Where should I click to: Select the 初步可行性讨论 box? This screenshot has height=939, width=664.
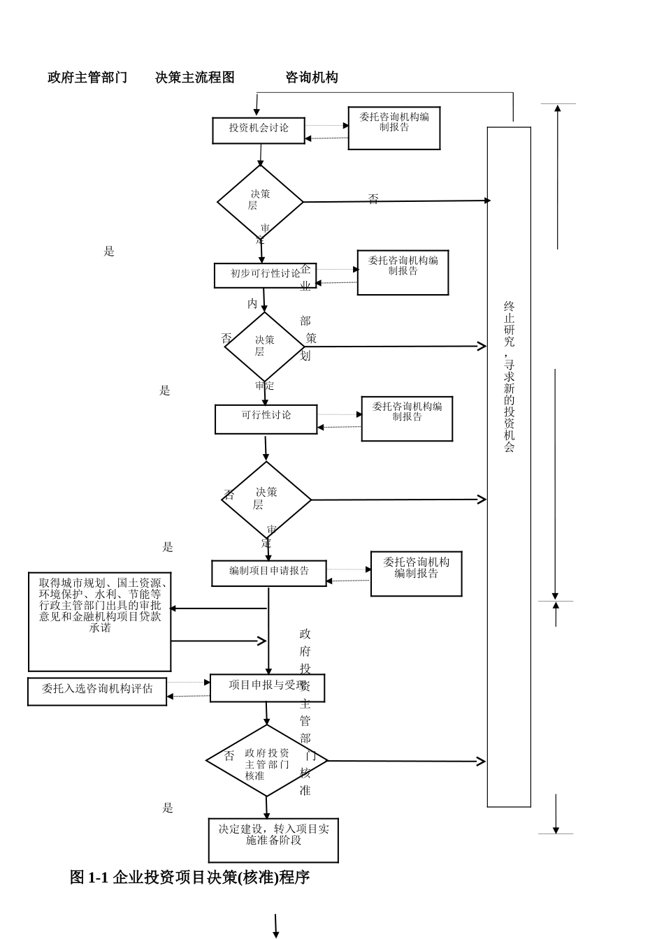(x=265, y=275)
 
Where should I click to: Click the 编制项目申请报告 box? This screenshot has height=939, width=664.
(x=269, y=573)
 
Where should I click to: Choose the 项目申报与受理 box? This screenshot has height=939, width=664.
(x=267, y=687)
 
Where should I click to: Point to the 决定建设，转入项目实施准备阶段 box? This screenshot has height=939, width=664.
(x=273, y=840)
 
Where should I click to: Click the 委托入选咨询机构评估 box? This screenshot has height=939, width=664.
(x=97, y=691)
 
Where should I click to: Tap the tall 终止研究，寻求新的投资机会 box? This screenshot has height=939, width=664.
(x=509, y=467)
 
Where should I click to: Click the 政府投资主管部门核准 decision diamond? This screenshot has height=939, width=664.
(x=267, y=761)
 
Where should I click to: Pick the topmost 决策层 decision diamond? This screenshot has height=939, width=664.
(x=261, y=202)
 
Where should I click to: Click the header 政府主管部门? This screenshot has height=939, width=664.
(x=87, y=78)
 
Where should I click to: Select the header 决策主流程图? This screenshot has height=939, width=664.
(x=195, y=78)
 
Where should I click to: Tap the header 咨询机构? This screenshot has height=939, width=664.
(x=312, y=78)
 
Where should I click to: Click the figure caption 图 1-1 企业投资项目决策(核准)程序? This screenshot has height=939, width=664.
(x=189, y=878)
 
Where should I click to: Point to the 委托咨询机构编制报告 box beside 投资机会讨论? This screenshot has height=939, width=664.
(x=394, y=128)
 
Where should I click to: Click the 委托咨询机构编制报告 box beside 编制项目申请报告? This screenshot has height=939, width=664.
(x=417, y=574)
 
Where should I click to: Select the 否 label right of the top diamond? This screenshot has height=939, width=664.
(x=373, y=199)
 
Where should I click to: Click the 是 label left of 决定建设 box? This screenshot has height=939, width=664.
(x=168, y=808)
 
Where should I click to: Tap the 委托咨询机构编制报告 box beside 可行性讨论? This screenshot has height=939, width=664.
(x=407, y=418)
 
